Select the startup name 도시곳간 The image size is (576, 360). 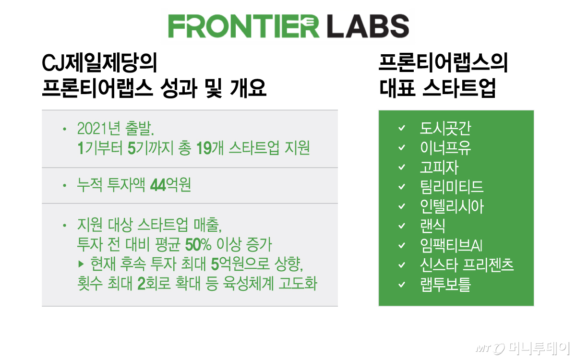(445, 128)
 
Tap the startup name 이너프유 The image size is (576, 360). (445, 147)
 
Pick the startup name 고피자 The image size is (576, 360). (439, 167)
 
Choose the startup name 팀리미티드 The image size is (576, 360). (451, 187)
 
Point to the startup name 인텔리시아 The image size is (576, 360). (451, 206)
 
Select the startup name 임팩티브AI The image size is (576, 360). (451, 246)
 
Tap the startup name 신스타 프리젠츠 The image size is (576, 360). (467, 265)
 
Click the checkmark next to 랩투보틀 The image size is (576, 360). (402, 285)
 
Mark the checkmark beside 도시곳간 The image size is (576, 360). (402, 128)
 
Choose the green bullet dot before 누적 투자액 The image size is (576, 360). (64, 185)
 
